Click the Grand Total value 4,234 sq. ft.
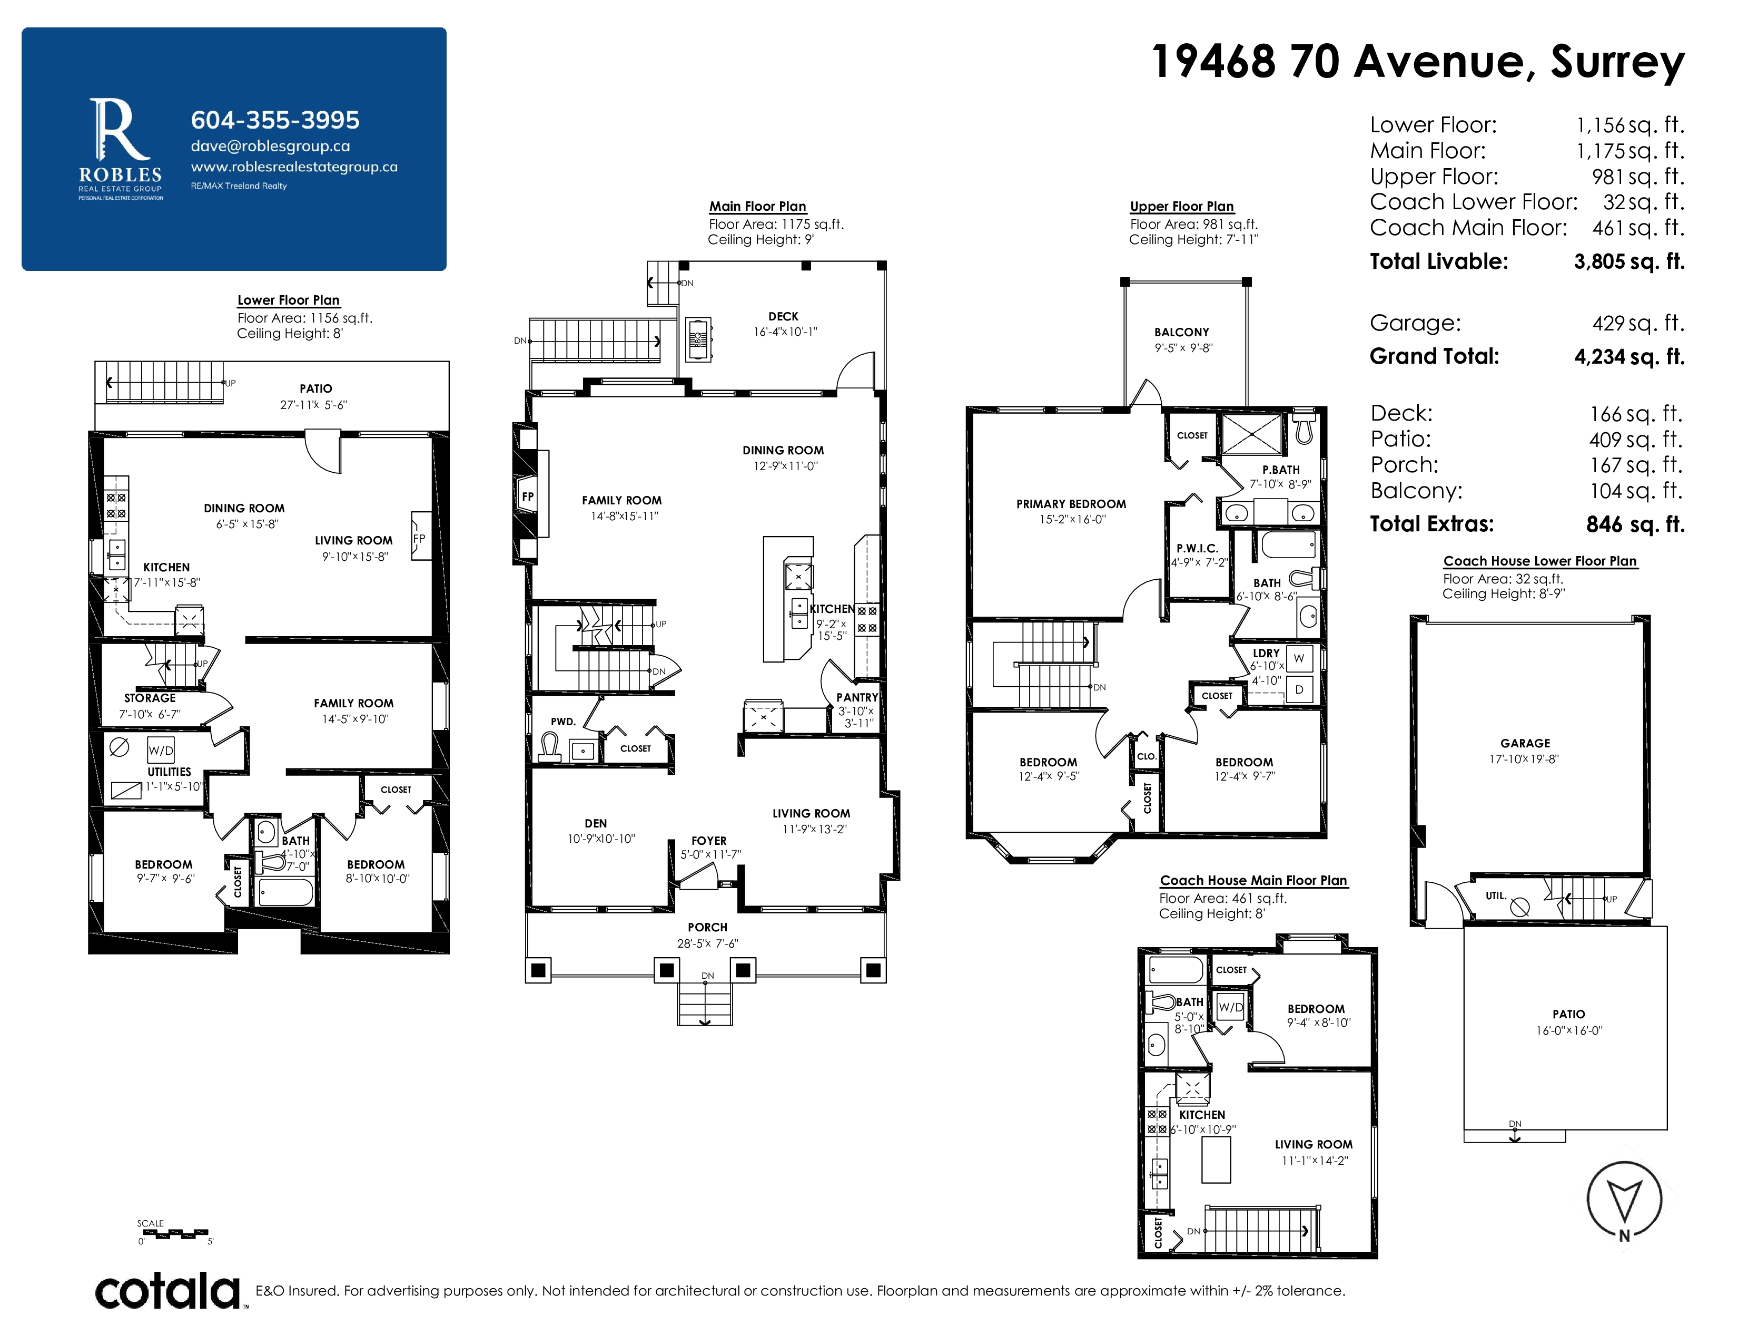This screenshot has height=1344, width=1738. point(1629,357)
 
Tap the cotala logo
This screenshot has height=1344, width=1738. point(168,1291)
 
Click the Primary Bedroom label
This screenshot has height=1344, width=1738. point(1071,504)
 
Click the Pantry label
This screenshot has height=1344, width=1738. point(857,697)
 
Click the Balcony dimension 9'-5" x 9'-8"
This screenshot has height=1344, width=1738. point(1183,348)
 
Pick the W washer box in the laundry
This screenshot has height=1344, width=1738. point(1299,658)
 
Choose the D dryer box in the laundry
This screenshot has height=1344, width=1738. point(1299,689)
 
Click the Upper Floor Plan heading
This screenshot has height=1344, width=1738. point(1182,206)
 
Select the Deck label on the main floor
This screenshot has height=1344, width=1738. point(783,316)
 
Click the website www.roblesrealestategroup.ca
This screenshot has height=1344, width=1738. point(294,167)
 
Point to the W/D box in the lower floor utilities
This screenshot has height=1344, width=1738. point(161,750)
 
